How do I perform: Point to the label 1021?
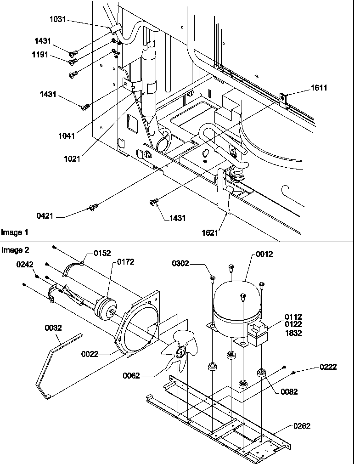[x=72, y=159]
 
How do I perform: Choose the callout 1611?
[x=319, y=88]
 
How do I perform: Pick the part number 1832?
[x=293, y=333]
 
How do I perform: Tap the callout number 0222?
[x=328, y=367]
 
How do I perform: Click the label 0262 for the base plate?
[x=302, y=426]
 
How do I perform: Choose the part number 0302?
[x=181, y=263]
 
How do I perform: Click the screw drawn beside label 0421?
[x=93, y=208]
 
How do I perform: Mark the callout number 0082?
[x=289, y=392]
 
